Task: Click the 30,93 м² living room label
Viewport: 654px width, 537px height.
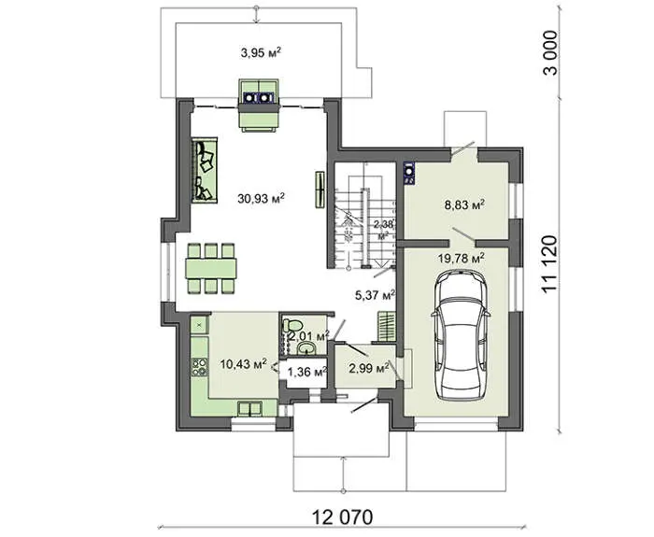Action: [261, 198]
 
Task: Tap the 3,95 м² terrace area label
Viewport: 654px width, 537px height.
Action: [261, 52]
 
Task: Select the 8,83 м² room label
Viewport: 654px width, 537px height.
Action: [464, 205]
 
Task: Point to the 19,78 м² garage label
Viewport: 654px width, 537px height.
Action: [462, 258]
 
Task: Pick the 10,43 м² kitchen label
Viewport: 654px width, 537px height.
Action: [244, 364]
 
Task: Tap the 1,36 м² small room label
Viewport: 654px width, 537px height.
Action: [306, 372]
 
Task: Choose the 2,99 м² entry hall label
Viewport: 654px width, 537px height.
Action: [369, 368]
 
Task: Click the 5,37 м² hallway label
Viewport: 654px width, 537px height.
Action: [375, 296]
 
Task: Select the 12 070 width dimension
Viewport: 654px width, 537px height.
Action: [343, 517]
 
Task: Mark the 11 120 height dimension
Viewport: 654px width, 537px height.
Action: [549, 264]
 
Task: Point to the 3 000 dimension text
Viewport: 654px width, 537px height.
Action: [549, 52]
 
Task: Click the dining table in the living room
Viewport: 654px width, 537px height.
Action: [211, 269]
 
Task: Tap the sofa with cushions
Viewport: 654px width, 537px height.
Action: [205, 170]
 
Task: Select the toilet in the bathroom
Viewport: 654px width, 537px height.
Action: [291, 325]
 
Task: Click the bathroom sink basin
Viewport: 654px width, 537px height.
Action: [306, 347]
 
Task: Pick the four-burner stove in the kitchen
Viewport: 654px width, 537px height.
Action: [200, 367]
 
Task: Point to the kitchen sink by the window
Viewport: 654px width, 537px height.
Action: [249, 409]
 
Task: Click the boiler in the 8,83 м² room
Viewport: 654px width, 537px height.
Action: [409, 173]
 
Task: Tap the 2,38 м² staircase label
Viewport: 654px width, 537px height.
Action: [383, 230]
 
